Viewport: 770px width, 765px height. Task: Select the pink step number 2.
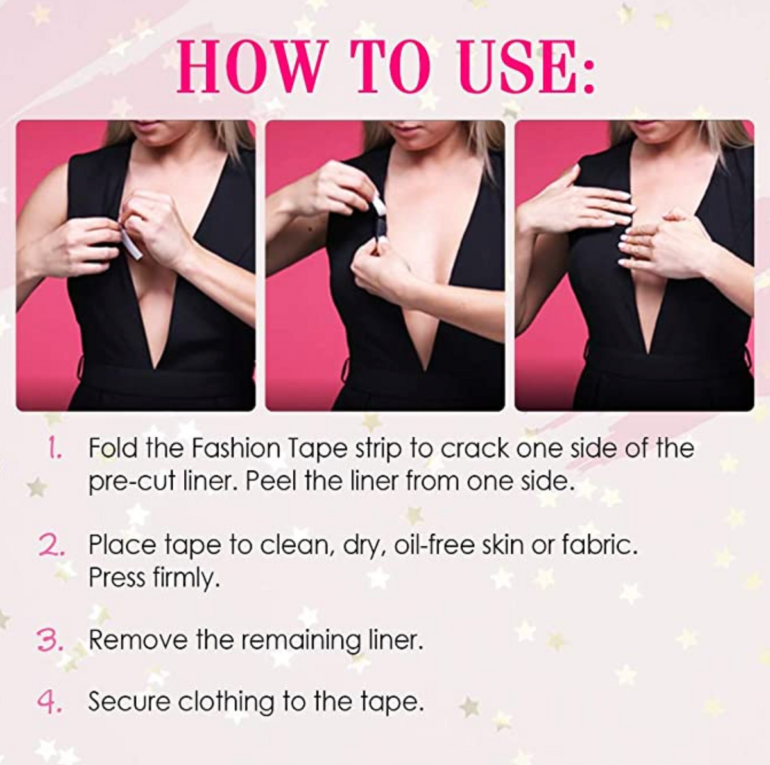tap(51, 545)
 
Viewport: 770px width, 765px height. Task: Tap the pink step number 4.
tap(49, 703)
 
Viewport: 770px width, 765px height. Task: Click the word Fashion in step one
tap(235, 448)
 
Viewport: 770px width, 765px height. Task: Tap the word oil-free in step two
tap(434, 545)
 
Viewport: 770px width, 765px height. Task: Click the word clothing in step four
tap(226, 704)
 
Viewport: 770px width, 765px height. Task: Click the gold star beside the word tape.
tap(469, 707)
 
